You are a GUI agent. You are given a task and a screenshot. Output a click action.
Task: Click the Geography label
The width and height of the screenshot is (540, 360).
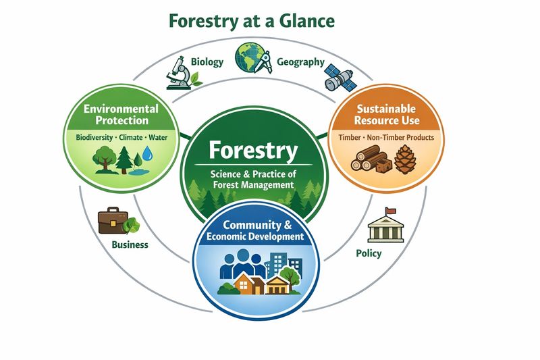301,62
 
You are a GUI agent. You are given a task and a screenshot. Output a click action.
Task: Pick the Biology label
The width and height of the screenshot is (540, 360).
207,62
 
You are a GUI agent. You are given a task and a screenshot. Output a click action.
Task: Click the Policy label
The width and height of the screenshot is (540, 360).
368,253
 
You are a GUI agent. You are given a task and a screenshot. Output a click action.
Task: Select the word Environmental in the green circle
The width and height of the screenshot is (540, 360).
121,108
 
